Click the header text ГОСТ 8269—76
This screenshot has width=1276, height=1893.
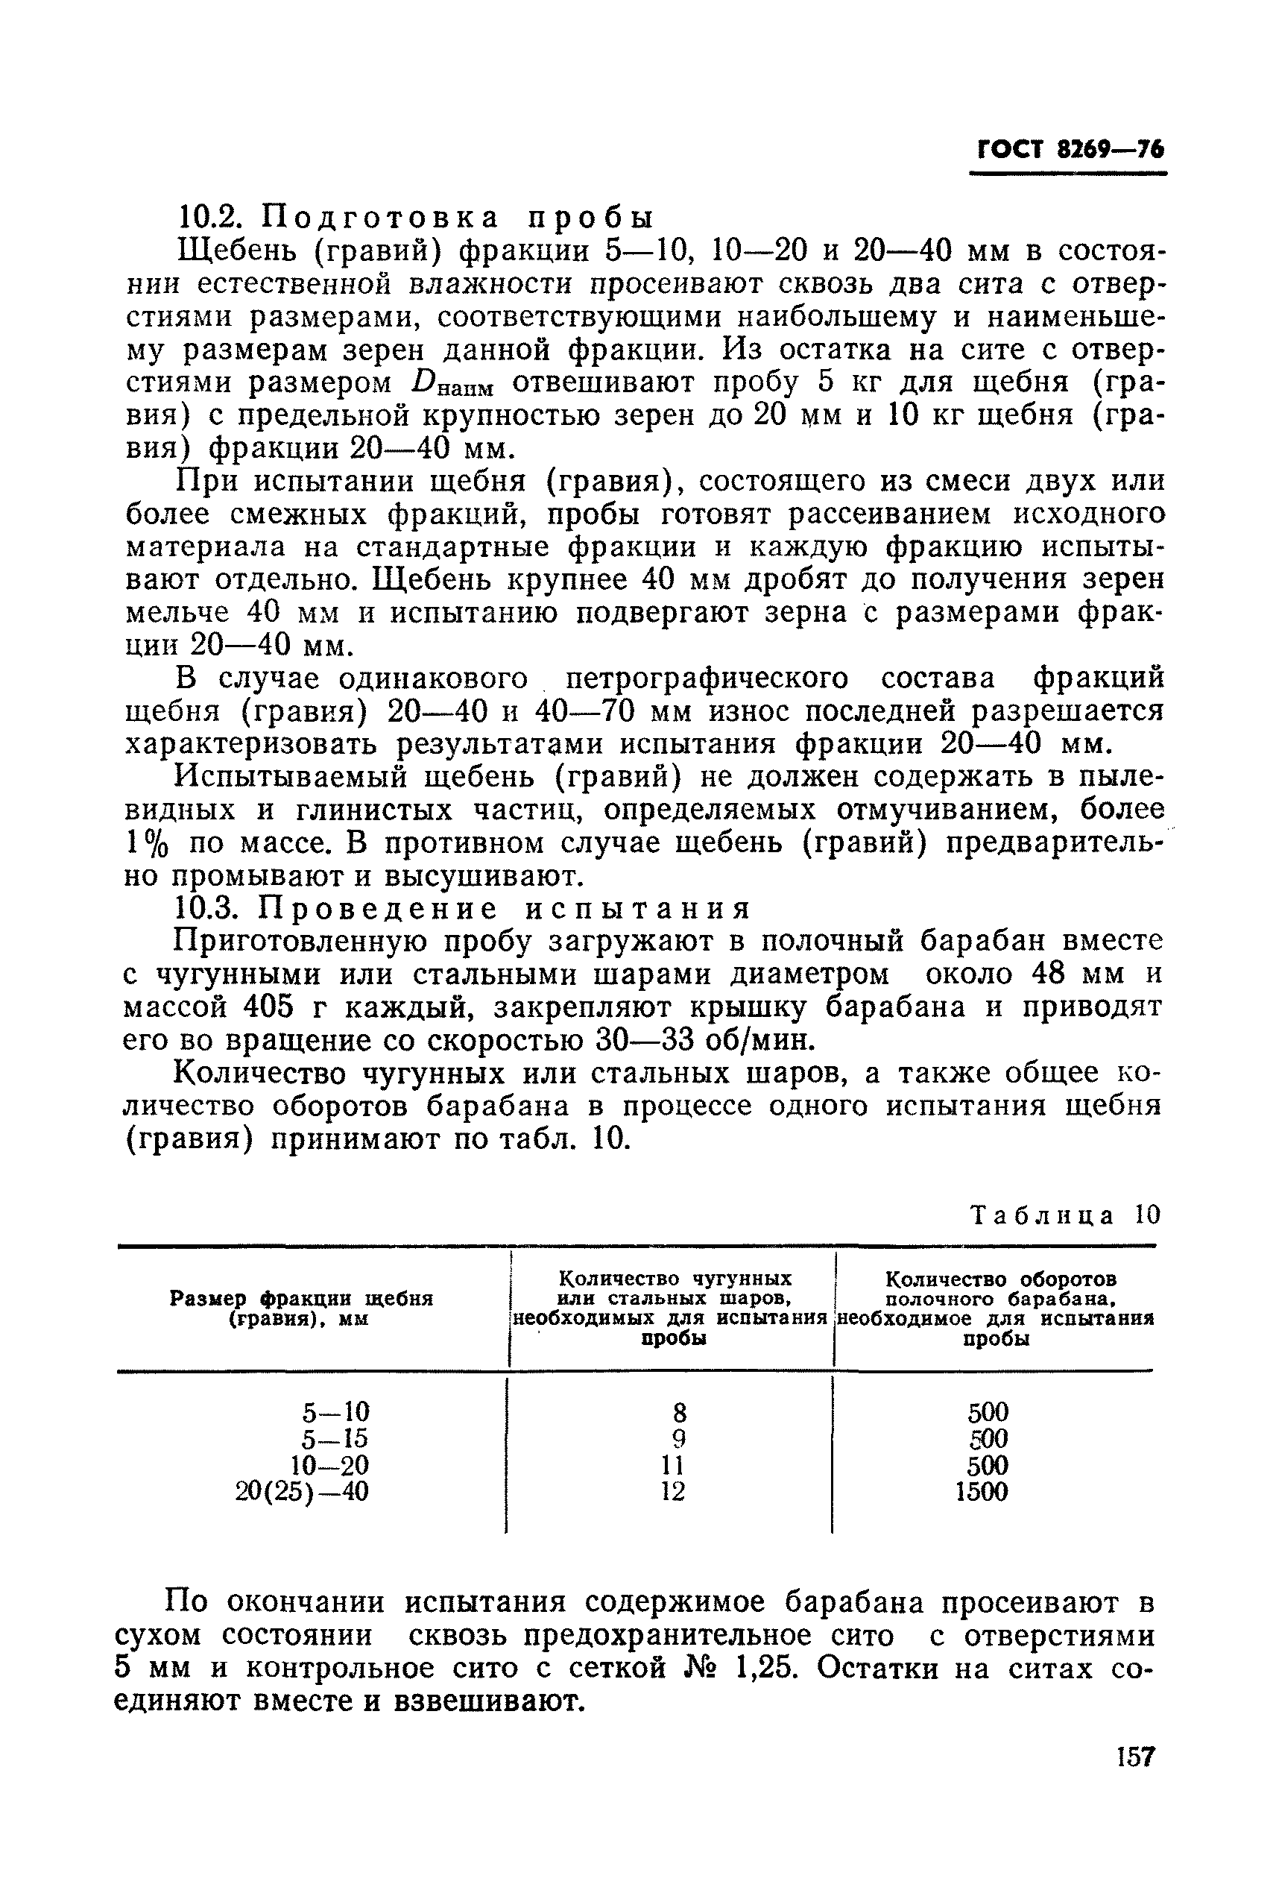(x=1070, y=150)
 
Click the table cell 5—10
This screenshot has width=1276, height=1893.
(x=335, y=1411)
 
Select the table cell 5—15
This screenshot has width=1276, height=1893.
(x=335, y=1438)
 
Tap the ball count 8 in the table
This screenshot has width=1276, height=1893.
(x=680, y=1411)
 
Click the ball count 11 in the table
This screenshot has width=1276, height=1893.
(x=672, y=1465)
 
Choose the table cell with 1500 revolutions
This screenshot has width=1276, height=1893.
(x=982, y=1492)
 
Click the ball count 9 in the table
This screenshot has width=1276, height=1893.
(x=680, y=1438)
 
